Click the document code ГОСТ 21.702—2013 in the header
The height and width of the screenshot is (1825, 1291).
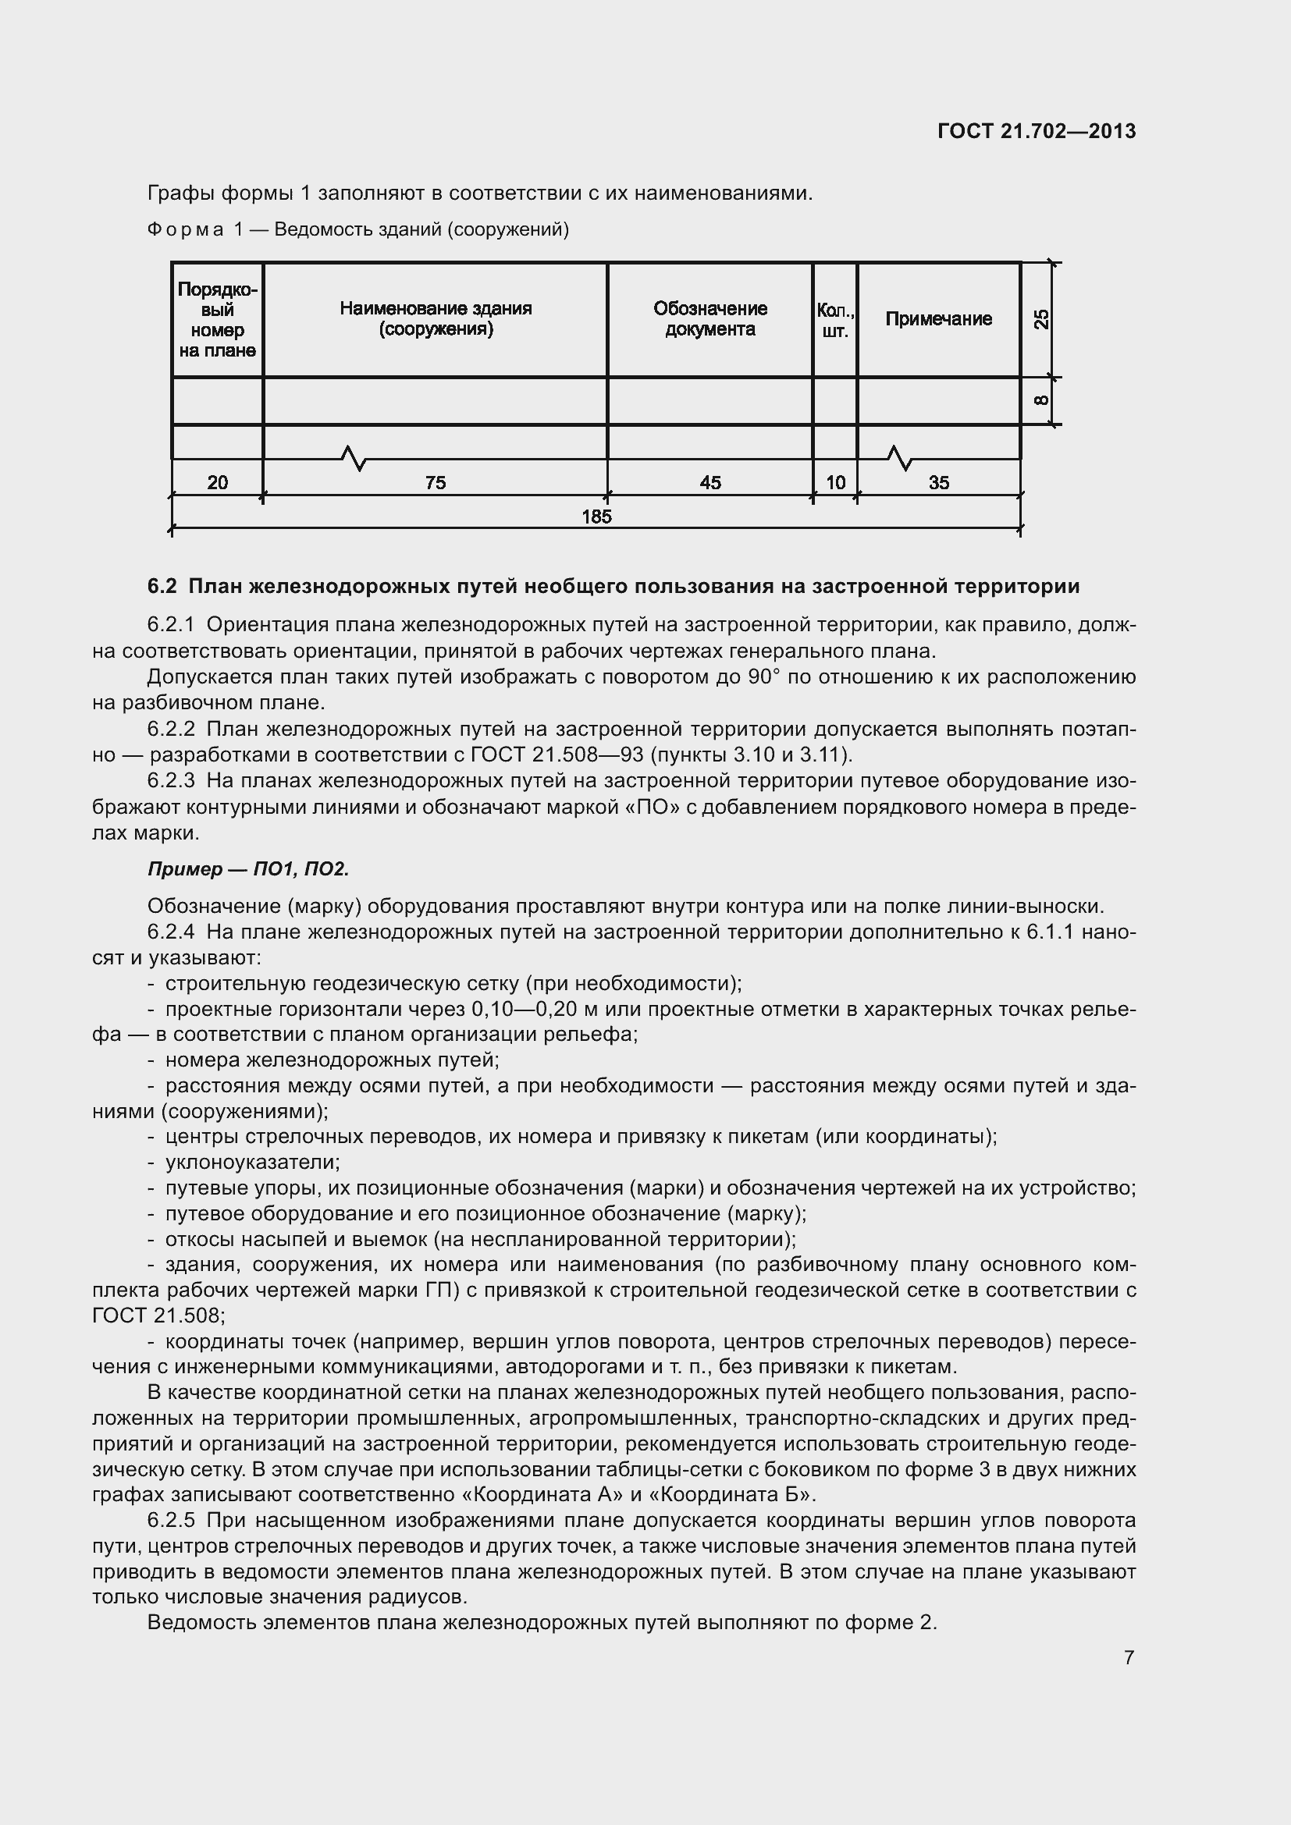[x=1037, y=131]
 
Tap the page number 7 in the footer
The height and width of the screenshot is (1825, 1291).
[x=1129, y=1656]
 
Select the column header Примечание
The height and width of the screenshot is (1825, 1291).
[x=938, y=319]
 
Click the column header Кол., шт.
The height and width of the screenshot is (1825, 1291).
[x=834, y=320]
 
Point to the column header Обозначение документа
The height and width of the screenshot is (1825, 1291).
[x=710, y=319]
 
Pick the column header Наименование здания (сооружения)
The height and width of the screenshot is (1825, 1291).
[x=436, y=319]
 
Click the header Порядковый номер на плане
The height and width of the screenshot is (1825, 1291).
[x=217, y=320]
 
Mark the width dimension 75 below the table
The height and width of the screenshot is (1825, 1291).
[x=436, y=482]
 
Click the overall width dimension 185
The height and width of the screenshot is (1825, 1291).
[x=596, y=517]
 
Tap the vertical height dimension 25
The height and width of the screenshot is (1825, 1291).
[x=1040, y=319]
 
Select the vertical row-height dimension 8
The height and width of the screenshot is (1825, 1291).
[x=1040, y=400]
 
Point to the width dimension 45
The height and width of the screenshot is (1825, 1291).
[x=710, y=482]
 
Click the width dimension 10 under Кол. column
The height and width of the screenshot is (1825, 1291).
[x=835, y=482]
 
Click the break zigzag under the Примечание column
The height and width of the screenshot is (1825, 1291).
[x=898, y=458]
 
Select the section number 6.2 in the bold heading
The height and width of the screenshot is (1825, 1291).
[x=162, y=587]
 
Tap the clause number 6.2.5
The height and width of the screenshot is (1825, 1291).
[x=171, y=1521]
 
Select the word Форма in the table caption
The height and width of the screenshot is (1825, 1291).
[x=185, y=230]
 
